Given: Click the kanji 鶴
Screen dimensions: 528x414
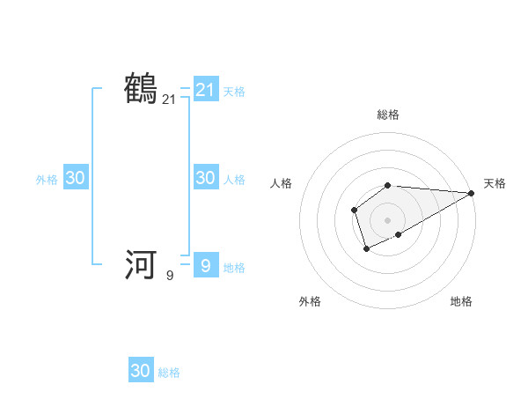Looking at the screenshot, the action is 142,90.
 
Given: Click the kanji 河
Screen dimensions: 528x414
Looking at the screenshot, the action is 142,264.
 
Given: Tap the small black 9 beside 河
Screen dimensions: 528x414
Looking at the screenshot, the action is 170,275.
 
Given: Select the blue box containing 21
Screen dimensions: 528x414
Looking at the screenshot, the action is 205,90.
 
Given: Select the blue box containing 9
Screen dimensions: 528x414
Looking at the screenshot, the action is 205,264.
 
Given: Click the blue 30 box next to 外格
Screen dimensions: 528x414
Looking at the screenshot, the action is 76,178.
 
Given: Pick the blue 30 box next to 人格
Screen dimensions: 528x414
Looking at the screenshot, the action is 205,178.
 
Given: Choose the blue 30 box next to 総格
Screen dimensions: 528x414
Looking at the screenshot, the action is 141,371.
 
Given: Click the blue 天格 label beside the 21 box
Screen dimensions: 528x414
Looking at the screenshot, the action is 234,91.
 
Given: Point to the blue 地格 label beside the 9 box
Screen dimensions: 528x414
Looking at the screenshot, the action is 234,268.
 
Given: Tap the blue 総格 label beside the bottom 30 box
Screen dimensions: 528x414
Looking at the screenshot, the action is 169,373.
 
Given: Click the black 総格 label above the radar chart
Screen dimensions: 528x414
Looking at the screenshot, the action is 388,115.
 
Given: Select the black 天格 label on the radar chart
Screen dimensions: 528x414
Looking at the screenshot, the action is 495,183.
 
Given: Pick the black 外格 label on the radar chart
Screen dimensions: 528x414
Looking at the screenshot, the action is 310,301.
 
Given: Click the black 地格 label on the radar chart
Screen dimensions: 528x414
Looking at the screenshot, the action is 461,301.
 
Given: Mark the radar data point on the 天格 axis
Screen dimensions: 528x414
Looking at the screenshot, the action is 472,193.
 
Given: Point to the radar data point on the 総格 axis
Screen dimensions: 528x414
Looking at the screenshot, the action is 388,185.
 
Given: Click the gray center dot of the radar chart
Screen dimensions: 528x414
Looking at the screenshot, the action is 388,219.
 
